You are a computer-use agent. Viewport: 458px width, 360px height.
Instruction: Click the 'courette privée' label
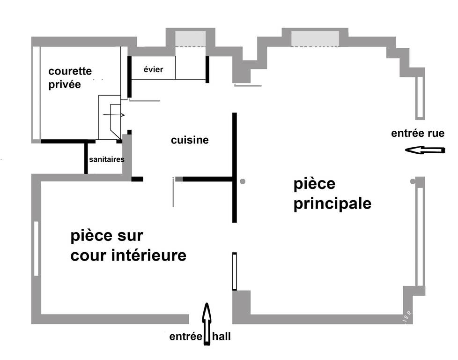tap(70, 78)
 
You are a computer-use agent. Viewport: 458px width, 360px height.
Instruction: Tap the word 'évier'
tap(153, 69)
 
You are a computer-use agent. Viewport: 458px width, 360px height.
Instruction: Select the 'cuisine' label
tap(190, 140)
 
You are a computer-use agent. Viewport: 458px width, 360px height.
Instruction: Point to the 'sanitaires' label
tap(107, 159)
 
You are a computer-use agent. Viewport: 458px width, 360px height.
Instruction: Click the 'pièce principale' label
tap(332, 194)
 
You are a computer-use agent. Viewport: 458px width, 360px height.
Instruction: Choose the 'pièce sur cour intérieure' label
tap(128, 246)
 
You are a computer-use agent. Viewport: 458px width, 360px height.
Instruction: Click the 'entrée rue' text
tap(418, 133)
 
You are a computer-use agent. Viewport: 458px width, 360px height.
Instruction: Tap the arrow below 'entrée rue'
tap(425, 150)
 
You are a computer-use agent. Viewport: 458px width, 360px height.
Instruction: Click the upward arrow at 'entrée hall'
tap(207, 324)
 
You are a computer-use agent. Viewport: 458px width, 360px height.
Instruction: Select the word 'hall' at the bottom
tap(222, 336)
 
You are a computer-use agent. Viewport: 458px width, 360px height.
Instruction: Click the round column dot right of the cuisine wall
tap(243, 181)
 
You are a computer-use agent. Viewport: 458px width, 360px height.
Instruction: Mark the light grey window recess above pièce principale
tap(315, 38)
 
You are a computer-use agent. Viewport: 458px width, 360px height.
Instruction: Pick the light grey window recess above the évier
tap(191, 38)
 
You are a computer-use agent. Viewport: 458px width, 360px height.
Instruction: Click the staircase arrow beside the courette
tap(114, 115)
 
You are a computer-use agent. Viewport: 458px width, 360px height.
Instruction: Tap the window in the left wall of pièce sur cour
tap(36, 248)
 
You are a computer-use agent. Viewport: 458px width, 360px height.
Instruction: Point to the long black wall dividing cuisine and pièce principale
tap(235, 167)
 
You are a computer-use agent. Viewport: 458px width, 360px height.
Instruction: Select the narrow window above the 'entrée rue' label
tap(420, 97)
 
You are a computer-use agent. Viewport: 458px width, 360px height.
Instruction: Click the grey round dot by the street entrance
tap(413, 181)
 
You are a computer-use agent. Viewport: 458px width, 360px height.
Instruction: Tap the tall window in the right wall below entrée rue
tap(420, 237)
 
